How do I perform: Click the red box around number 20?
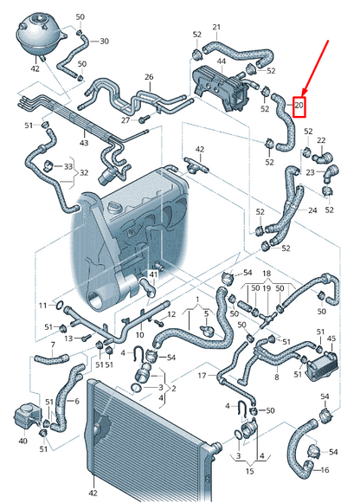299,106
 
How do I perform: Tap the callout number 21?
216,27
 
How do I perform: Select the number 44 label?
222,61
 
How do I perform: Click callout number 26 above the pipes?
149,77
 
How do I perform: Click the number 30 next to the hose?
104,41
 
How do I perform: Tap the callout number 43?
84,143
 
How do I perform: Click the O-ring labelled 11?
60,306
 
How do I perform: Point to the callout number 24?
312,210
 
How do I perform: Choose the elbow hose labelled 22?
323,158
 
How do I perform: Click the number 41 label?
153,274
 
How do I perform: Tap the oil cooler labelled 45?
322,365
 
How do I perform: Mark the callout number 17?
202,375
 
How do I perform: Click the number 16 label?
325,469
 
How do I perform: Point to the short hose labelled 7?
51,359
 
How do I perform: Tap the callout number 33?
68,167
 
